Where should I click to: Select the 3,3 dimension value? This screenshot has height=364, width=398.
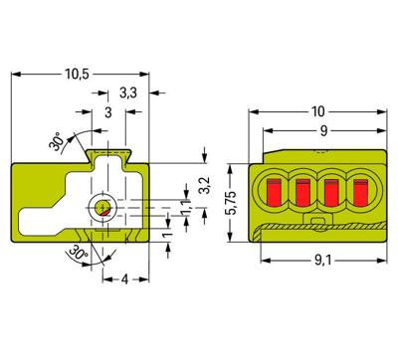pyautogui.click(x=127, y=93)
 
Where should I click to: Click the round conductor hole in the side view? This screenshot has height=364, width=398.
pyautogui.click(x=102, y=207)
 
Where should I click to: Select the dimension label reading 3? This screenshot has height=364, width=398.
pyautogui.click(x=108, y=112)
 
